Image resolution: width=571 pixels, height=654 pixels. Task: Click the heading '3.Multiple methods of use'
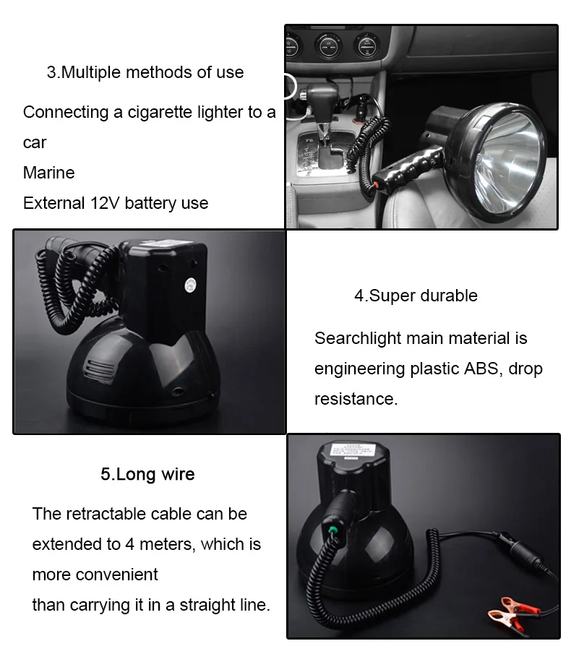point(145,72)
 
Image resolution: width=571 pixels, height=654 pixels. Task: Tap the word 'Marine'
point(49,173)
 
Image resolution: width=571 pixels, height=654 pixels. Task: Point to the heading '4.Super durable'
point(416,296)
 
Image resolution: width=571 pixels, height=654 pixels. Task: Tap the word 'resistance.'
point(356,399)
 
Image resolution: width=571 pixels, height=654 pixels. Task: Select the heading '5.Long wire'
point(147,474)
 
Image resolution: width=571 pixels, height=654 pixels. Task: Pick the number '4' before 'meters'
point(129,544)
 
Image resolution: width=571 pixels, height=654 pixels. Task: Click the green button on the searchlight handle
point(333,530)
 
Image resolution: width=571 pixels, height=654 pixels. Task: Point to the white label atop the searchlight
point(353,451)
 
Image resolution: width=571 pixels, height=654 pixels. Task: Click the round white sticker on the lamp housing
point(190,285)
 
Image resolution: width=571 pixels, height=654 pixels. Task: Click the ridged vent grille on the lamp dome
point(99,371)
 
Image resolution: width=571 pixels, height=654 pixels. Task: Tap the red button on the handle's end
point(376,185)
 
